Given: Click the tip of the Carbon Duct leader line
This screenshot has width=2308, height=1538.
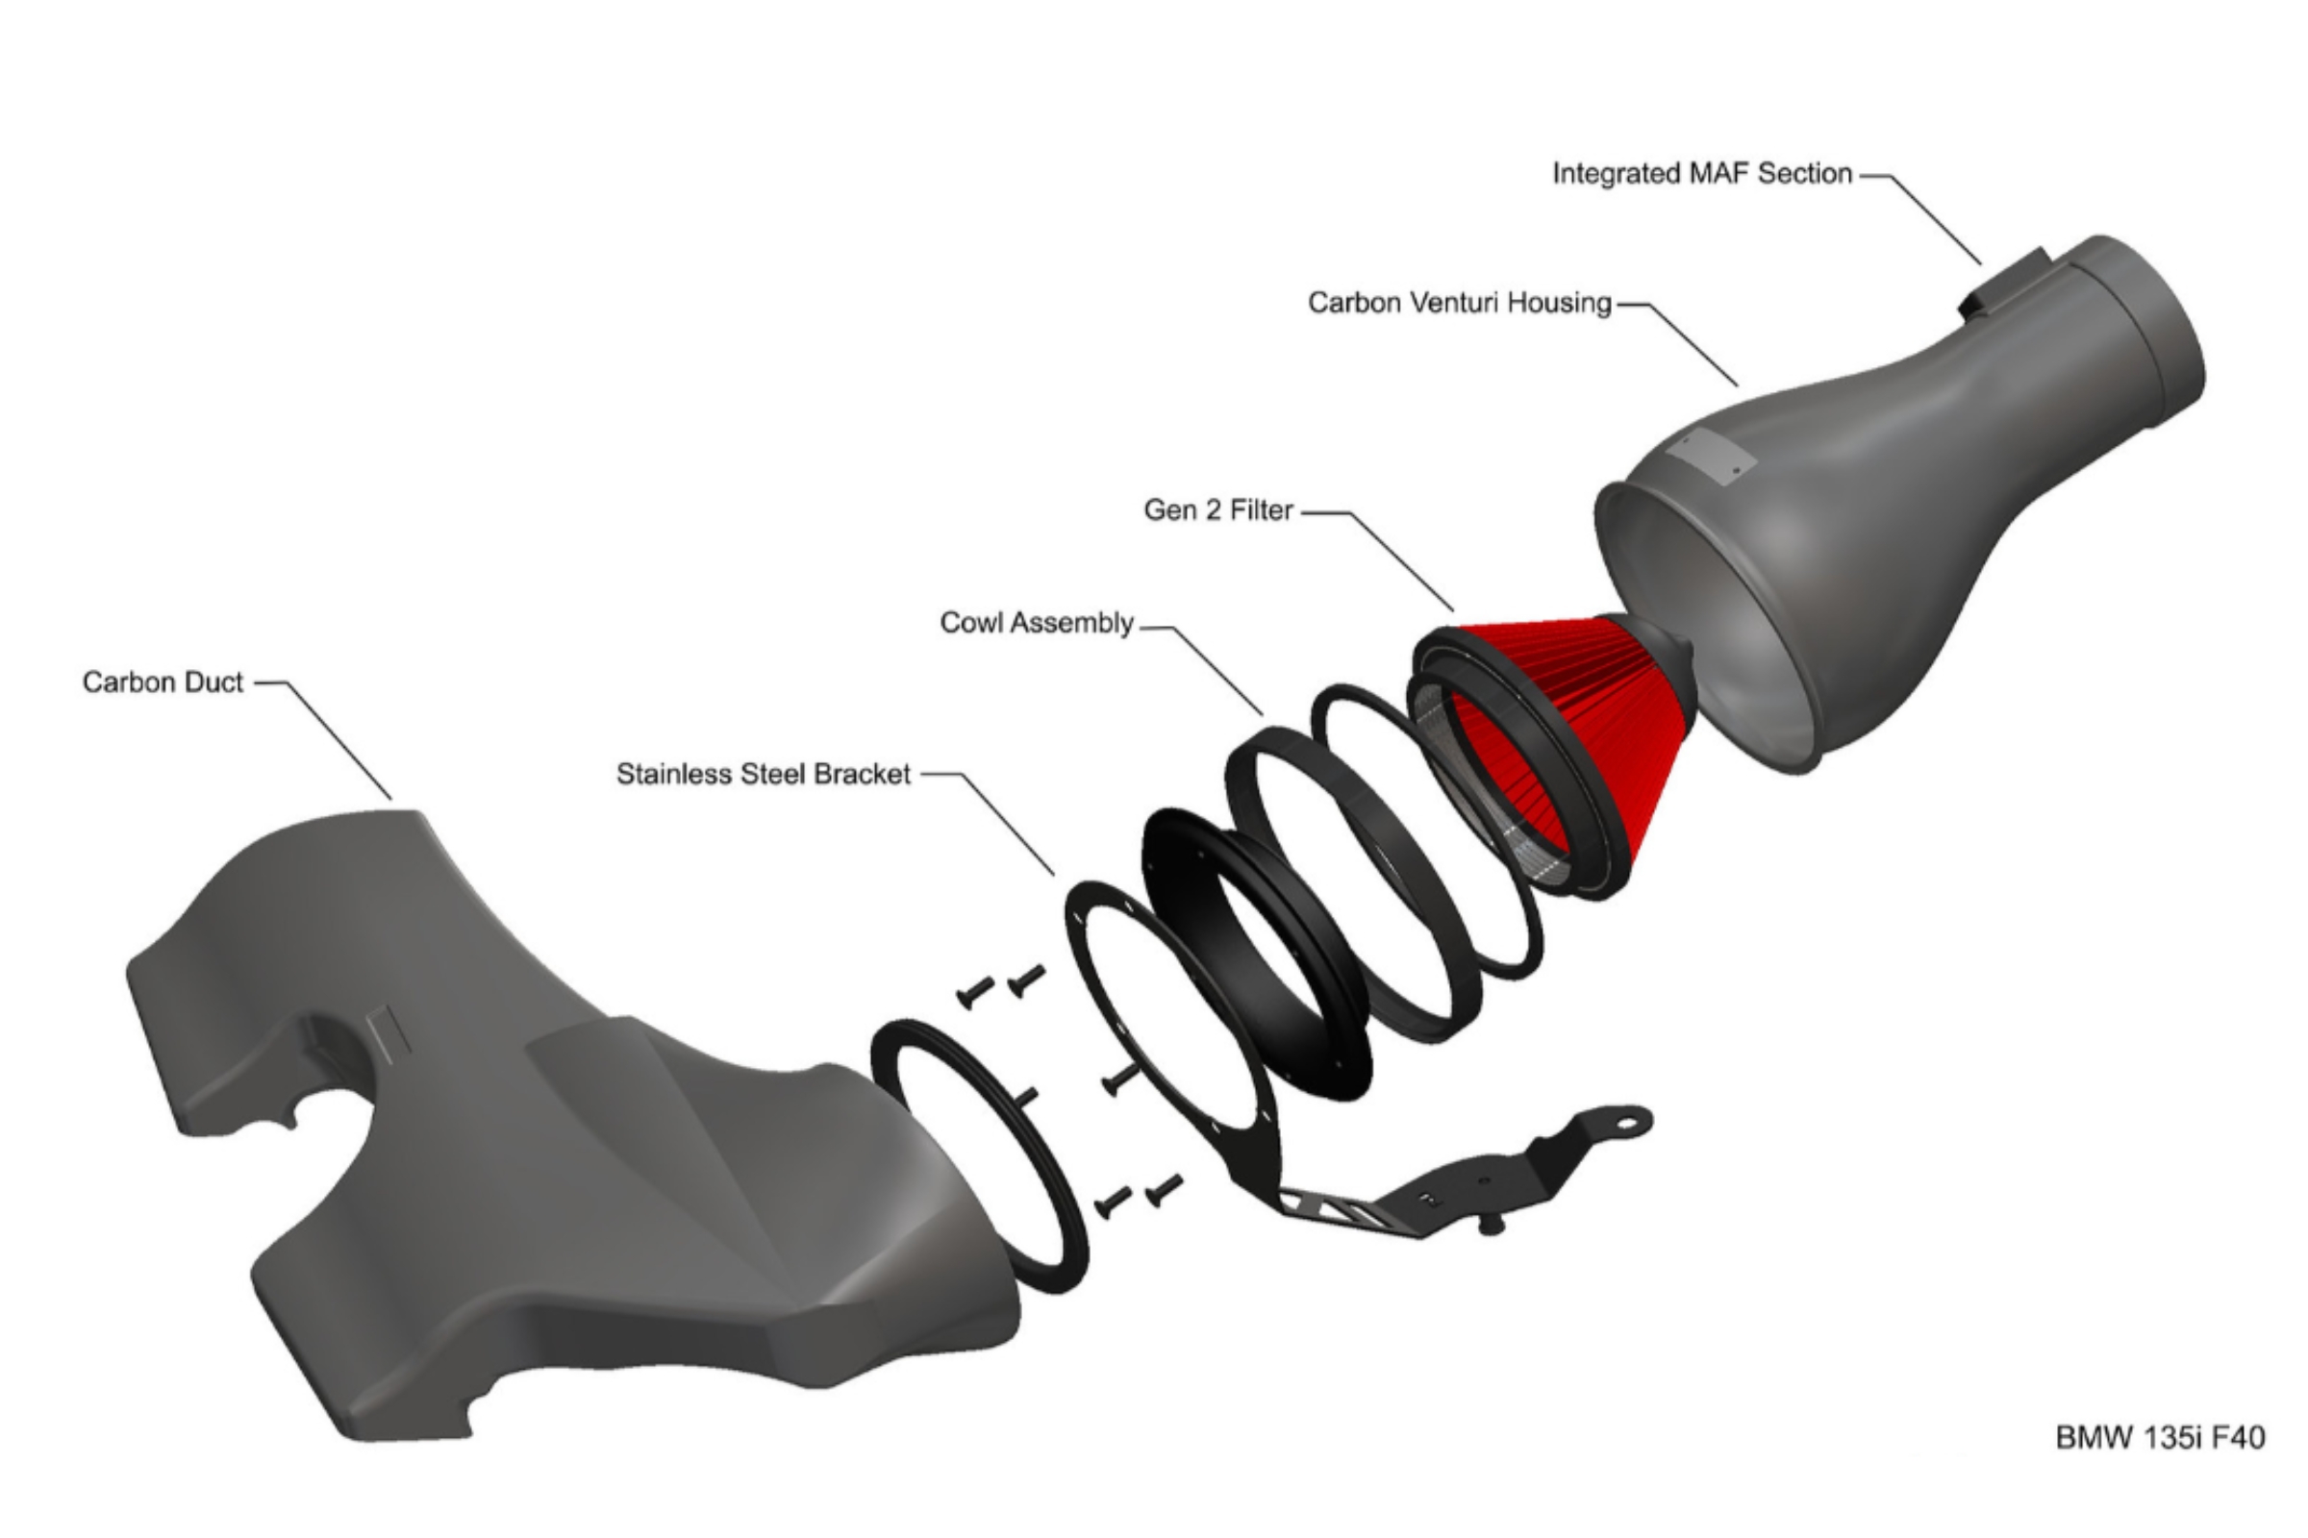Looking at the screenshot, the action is [390, 800].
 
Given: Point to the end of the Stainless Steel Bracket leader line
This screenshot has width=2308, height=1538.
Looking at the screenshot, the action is [1054, 874].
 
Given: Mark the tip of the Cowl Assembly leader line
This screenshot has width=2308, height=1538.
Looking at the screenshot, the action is [1262, 715].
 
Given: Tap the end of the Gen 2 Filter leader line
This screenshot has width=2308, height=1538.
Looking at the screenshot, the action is [1453, 610].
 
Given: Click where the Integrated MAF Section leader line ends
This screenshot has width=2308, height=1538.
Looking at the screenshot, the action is [1980, 263].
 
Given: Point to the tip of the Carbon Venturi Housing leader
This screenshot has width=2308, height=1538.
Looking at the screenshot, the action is [1737, 385].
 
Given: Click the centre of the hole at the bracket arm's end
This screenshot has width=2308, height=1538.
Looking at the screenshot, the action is [1628, 1120].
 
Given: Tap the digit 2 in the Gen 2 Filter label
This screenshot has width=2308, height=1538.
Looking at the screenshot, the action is [1214, 510].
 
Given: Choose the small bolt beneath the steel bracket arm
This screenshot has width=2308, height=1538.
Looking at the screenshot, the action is [1491, 1225].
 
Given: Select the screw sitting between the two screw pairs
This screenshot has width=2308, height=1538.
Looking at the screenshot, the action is [1119, 1079].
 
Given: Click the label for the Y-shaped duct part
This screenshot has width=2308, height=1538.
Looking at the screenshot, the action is [163, 682].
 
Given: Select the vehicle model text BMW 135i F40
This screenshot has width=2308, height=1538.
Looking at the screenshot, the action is [2160, 1437].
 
